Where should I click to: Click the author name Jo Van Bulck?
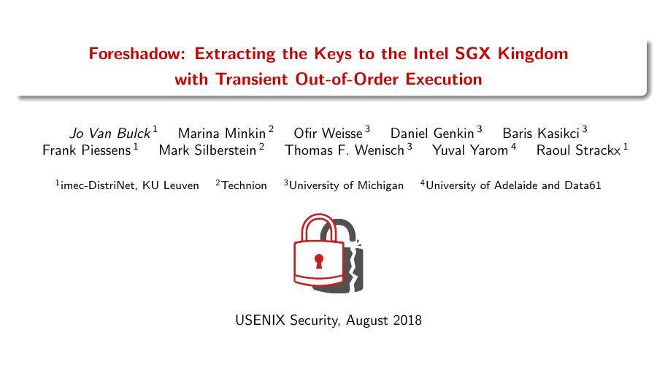click(x=109, y=134)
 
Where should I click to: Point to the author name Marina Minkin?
click(x=222, y=134)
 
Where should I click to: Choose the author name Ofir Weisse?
click(x=328, y=134)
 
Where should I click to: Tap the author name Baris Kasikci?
click(x=541, y=134)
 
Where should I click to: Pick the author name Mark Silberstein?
click(x=207, y=151)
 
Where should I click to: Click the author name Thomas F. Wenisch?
click(x=345, y=151)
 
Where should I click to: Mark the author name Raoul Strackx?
click(x=578, y=151)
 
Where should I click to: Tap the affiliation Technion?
click(x=244, y=185)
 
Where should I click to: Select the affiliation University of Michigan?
click(x=346, y=185)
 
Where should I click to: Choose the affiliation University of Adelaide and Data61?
click(x=512, y=185)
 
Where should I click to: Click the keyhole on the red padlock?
click(x=318, y=261)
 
